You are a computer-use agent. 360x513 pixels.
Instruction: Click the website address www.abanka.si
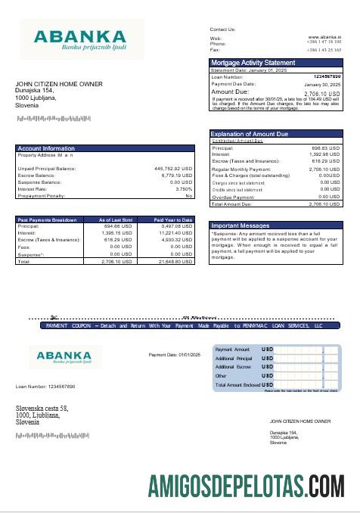324,36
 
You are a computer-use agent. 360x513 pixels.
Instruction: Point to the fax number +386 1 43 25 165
324,49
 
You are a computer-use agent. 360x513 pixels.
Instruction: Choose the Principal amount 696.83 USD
326,148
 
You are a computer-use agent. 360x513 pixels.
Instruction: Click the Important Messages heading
240,226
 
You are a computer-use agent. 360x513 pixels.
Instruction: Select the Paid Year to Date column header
174,219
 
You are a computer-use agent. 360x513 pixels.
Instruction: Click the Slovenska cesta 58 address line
48,409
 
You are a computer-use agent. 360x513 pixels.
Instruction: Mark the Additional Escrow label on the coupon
234,366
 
